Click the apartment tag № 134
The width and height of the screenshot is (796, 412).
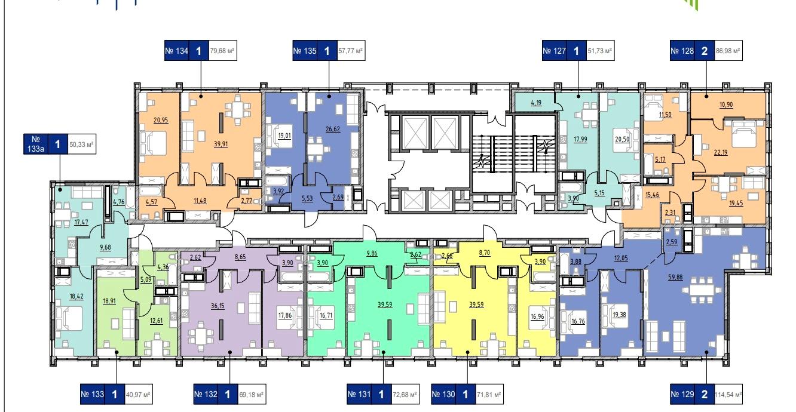(177, 51)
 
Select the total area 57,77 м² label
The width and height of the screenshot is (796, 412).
(351, 51)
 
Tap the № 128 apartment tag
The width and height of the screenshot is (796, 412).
(682, 51)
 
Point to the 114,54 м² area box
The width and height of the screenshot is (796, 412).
(728, 395)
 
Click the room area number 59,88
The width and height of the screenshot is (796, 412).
(675, 277)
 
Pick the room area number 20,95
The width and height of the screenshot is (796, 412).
(161, 120)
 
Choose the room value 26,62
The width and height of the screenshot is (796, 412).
(333, 129)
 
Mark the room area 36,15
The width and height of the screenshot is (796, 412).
(218, 306)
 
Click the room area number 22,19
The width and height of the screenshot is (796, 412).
(721, 152)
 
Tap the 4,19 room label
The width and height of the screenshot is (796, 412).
(536, 103)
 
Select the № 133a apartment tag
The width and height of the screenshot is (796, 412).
(35, 144)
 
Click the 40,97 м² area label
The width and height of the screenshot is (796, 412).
(138, 395)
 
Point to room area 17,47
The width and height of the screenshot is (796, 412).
(81, 222)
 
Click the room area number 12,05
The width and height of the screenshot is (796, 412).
(621, 258)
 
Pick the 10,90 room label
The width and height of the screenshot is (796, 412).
(726, 104)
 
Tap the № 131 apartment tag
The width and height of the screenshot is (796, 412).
(359, 395)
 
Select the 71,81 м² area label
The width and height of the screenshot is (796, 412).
(489, 395)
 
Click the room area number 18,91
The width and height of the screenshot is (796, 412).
(109, 301)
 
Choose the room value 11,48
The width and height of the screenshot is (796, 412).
(200, 201)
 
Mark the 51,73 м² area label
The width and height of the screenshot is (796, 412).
(600, 51)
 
